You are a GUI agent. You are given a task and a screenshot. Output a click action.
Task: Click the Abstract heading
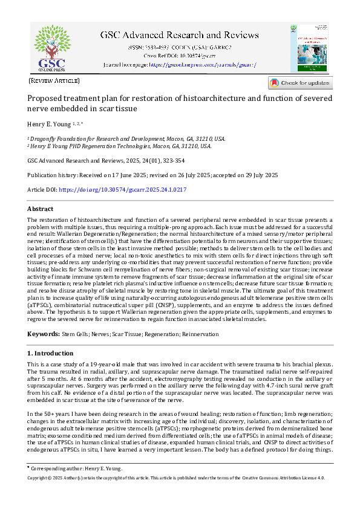[x=41, y=209]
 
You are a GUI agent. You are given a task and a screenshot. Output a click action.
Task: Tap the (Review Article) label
[x=54, y=80]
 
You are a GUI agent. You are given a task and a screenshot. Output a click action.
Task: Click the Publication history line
[x=152, y=175]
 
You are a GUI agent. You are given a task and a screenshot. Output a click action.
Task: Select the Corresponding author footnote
[x=76, y=468]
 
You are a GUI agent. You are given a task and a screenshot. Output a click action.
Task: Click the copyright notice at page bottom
[x=176, y=478]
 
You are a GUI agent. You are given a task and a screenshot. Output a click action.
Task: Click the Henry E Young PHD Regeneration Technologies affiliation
[x=120, y=146]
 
